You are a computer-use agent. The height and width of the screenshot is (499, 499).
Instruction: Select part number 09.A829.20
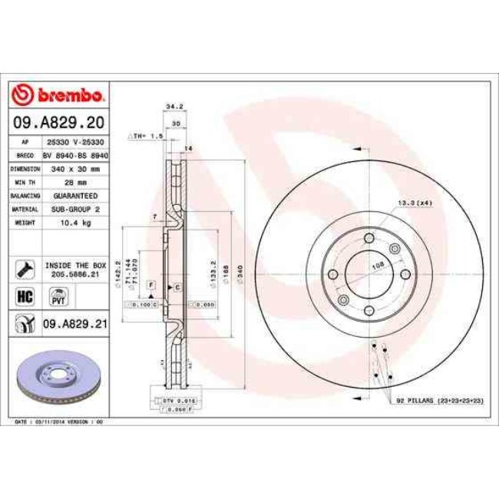pyautogui.click(x=59, y=123)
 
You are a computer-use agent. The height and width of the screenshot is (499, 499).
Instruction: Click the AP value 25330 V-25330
pyautogui.click(x=75, y=143)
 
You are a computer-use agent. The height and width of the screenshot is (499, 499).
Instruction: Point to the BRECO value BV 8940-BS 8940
pyautogui.click(x=75, y=155)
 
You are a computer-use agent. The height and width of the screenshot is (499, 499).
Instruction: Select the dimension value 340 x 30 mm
pyautogui.click(x=75, y=168)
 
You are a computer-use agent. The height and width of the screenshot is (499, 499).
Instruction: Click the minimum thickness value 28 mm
pyautogui.click(x=75, y=182)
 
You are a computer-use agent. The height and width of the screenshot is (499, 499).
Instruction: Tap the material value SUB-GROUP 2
pyautogui.click(x=75, y=208)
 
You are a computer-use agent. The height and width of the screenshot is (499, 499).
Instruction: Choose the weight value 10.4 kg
pyautogui.click(x=75, y=222)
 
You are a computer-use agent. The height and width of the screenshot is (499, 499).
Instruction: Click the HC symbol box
pyautogui.click(x=24, y=295)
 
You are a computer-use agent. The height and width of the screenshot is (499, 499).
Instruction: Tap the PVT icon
pyautogui.click(x=58, y=296)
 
